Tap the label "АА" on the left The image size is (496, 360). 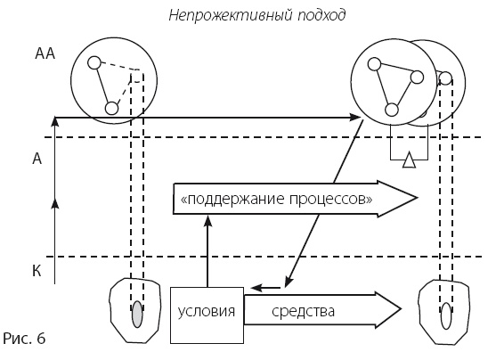click(45, 54)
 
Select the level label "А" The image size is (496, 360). click(37, 159)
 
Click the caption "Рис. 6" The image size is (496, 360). click(23, 339)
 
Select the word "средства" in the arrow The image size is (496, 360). click(304, 313)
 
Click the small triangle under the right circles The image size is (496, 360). click(407, 160)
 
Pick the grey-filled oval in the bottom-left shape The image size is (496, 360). click(136, 315)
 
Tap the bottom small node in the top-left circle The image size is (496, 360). click(111, 108)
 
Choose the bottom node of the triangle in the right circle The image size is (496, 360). click(392, 110)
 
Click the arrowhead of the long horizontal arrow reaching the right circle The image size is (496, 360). click(353, 118)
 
